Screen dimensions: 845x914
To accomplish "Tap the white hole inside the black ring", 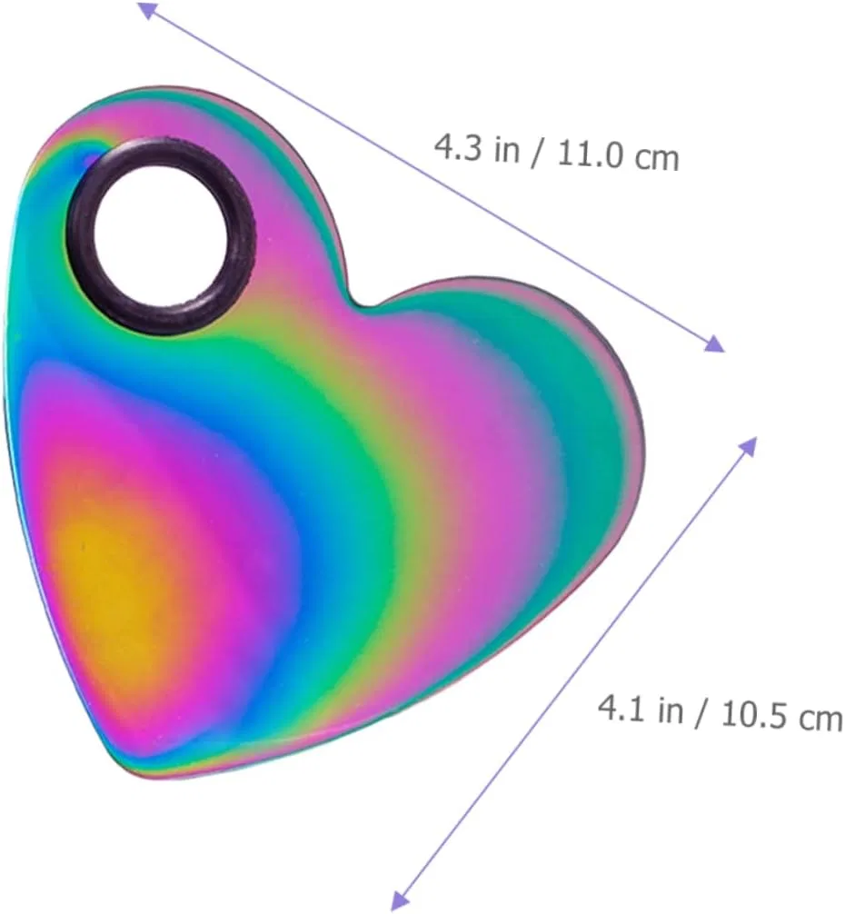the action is (161, 235).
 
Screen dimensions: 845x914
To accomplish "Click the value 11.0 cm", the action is (619, 156).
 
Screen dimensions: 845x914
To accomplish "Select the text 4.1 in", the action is (641, 710).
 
